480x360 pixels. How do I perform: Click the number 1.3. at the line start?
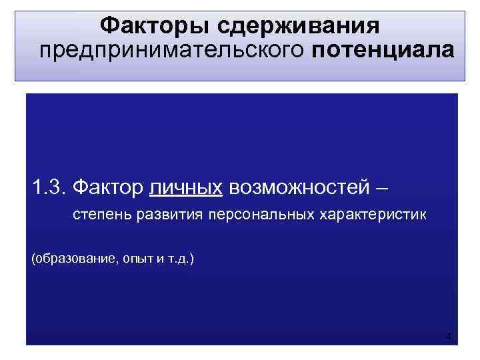[x=49, y=188]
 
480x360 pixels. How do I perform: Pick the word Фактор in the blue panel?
[x=107, y=188]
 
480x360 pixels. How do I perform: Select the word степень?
[x=102, y=217]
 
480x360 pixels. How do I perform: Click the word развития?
[x=169, y=217]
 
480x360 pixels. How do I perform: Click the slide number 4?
[x=449, y=336]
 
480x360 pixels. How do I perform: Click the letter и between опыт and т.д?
[x=158, y=257]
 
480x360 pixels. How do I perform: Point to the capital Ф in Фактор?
[x=81, y=188]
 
